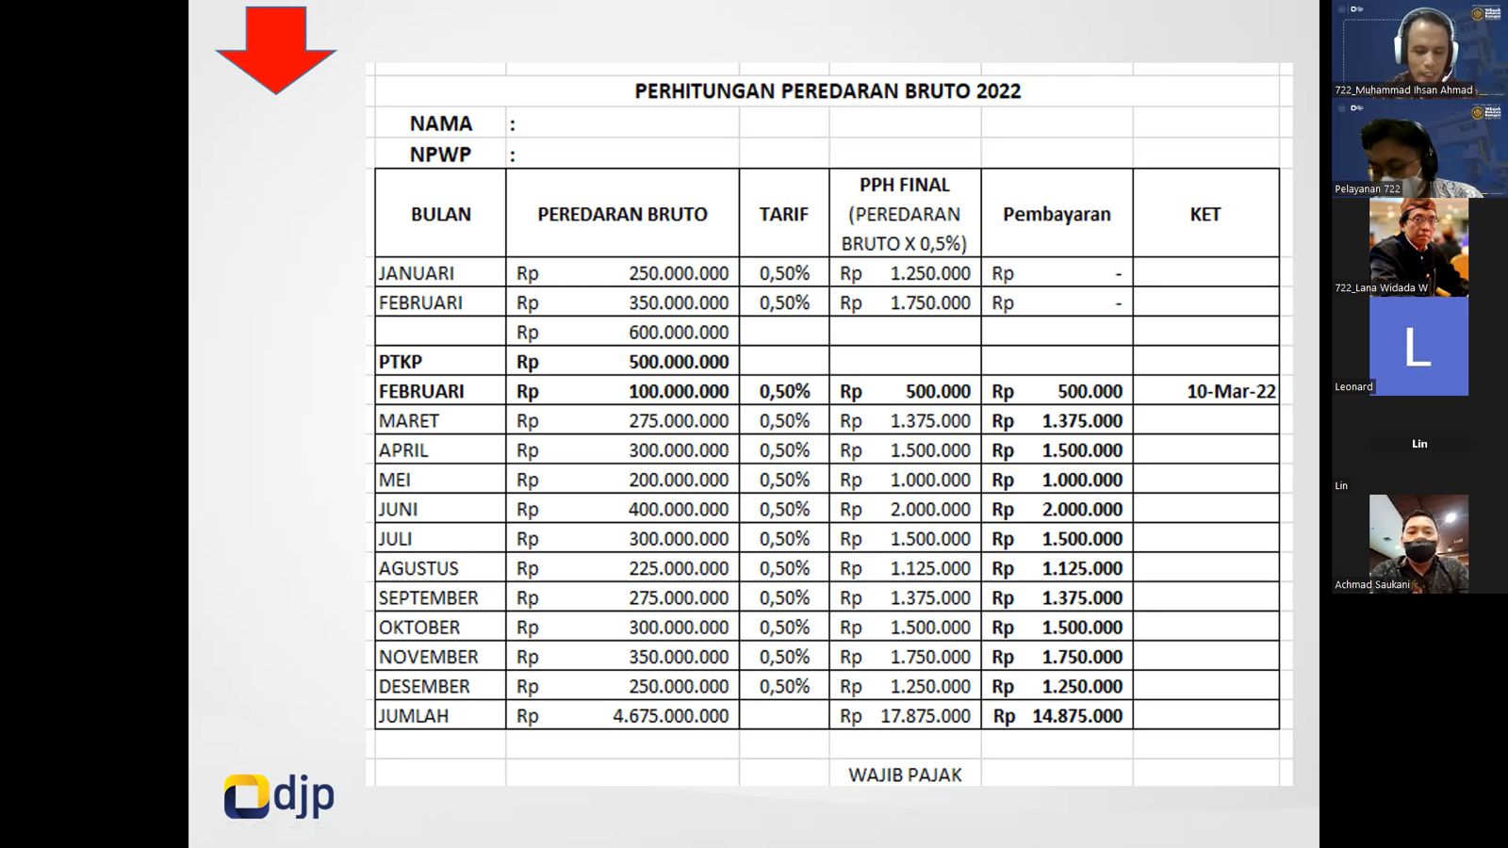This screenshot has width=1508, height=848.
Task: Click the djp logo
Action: coord(279,796)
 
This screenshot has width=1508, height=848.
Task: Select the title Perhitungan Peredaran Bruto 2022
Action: coord(827,91)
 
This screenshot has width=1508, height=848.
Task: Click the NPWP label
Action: coord(440,155)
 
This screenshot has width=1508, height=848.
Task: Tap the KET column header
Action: coord(1205,214)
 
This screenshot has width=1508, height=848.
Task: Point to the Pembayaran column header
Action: coord(1056,214)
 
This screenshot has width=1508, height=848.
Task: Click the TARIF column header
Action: coord(783,214)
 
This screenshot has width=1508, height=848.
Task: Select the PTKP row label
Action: coord(401,362)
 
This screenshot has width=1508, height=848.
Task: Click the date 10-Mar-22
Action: coord(1230,391)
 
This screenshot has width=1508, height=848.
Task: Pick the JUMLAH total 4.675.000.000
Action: coord(670,716)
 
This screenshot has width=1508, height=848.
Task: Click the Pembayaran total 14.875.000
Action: coord(1076,716)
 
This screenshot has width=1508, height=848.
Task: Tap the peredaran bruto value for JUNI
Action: coord(679,510)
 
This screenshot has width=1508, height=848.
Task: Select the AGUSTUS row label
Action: coord(418,568)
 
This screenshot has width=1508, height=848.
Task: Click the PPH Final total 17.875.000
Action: coord(925,716)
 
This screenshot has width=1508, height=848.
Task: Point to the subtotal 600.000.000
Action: coord(679,333)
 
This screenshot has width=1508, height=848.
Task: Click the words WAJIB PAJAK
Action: coord(905,775)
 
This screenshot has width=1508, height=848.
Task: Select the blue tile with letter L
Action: coord(1418,346)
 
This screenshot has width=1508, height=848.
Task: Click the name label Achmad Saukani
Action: coord(1371,585)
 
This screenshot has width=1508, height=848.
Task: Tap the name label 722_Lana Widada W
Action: coord(1381,288)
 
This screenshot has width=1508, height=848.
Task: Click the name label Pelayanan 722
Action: coord(1367,189)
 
